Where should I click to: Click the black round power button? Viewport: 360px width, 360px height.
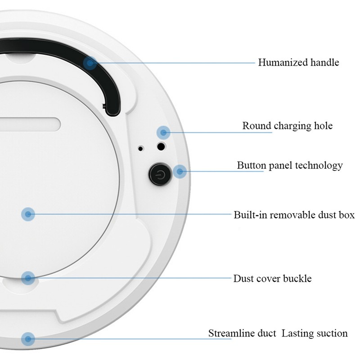click(160, 174)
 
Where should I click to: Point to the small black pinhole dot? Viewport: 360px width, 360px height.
click(141, 148)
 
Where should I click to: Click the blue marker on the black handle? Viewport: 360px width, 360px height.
click(90, 63)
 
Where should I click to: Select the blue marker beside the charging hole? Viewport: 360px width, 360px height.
click(164, 132)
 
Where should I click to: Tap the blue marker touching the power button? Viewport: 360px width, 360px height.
click(180, 171)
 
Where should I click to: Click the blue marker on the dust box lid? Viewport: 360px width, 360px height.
click(28, 214)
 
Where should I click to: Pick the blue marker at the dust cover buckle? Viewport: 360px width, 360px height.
click(28, 278)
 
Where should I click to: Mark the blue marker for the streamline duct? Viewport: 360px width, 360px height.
click(28, 338)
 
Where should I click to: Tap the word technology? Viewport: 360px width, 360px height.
click(319, 166)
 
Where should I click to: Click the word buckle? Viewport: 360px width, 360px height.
click(297, 279)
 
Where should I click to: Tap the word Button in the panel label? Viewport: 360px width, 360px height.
click(250, 166)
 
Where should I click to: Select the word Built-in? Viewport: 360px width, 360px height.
click(249, 215)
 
